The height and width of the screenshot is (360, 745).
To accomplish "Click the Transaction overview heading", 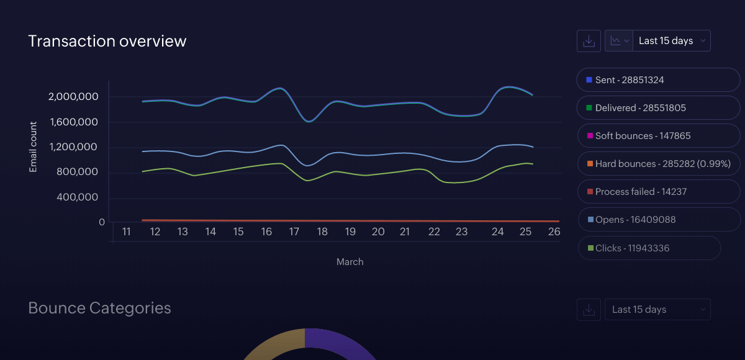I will click(x=107, y=41).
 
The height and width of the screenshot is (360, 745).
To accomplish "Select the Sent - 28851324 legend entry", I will click(x=658, y=80).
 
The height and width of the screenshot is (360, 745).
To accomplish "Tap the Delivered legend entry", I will click(x=658, y=108).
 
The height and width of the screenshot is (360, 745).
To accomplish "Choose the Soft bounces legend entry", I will click(x=658, y=136).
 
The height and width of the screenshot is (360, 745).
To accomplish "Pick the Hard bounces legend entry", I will click(x=658, y=164).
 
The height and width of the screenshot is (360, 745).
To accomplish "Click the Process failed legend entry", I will click(x=658, y=192).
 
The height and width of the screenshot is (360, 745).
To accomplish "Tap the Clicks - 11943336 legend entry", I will click(x=649, y=248).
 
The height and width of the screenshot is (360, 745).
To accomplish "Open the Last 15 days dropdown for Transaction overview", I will click(x=672, y=41).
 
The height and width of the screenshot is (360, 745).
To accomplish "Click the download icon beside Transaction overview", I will click(x=589, y=41).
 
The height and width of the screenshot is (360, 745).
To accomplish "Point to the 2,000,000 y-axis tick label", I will click(x=73, y=97).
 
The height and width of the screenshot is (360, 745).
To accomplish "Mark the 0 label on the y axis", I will click(x=102, y=222).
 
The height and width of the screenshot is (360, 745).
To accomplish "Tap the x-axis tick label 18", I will click(x=322, y=232).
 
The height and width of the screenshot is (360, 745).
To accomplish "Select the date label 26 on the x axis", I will click(x=554, y=232).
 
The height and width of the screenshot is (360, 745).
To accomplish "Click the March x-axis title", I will click(x=350, y=262).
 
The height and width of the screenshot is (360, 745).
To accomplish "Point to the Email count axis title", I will click(x=34, y=147).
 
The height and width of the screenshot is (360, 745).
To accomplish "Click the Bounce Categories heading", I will click(x=100, y=308).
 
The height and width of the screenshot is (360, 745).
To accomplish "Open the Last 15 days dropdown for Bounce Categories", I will click(x=657, y=310).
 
